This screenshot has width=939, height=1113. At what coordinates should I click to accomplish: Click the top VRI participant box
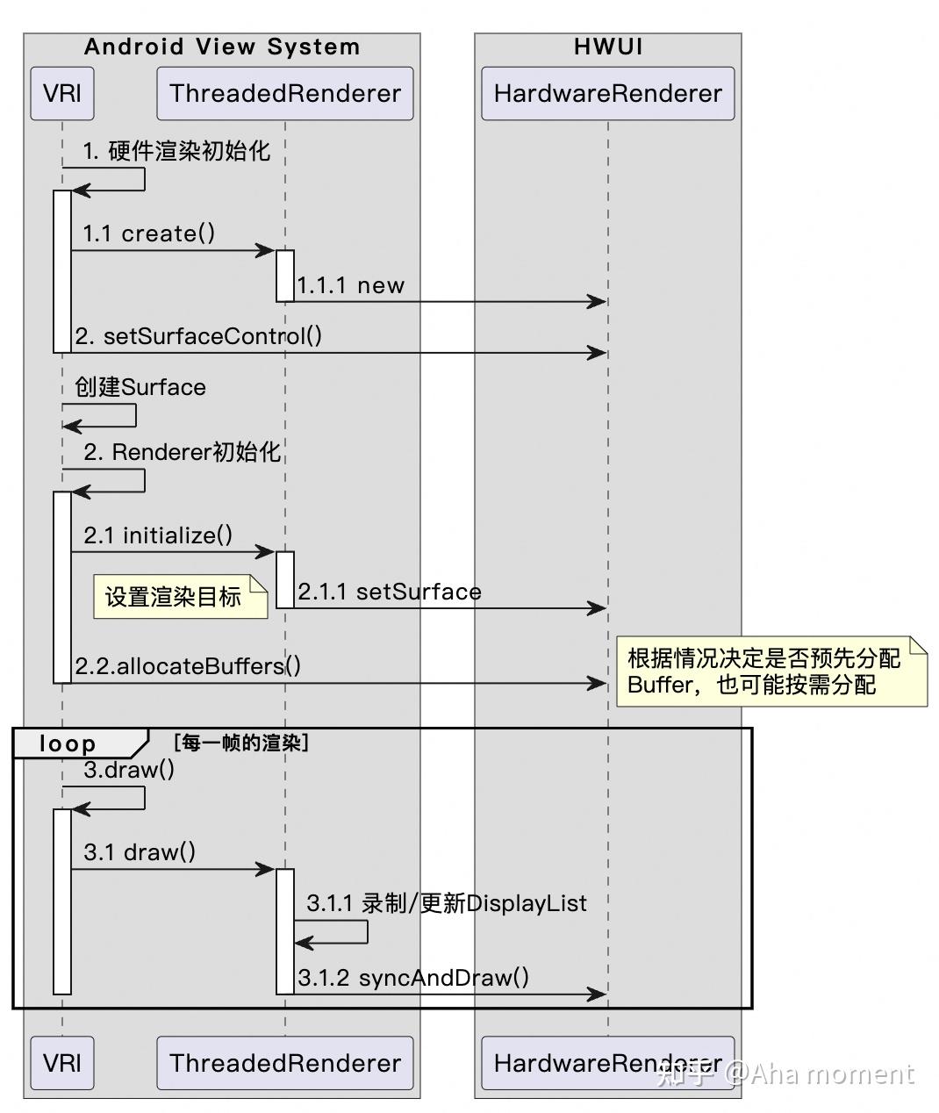[x=61, y=93]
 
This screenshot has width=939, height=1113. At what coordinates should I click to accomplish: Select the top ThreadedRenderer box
[x=284, y=93]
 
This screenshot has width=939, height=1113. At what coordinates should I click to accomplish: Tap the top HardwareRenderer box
[x=607, y=93]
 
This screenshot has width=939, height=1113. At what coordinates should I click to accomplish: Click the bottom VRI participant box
[x=61, y=1063]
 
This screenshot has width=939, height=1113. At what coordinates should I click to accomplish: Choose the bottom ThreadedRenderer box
[x=284, y=1063]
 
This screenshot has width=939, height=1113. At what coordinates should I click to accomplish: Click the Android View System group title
[x=222, y=47]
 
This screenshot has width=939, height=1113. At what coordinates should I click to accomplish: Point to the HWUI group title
[x=607, y=47]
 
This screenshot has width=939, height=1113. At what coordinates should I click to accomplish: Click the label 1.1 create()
[x=149, y=233]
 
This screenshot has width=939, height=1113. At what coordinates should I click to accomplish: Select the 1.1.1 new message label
[x=350, y=285]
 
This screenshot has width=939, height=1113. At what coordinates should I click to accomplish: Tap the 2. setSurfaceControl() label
[x=198, y=336]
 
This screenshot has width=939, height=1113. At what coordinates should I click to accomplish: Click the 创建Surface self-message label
[x=140, y=387]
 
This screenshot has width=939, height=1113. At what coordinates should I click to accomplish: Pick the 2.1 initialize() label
[x=158, y=535]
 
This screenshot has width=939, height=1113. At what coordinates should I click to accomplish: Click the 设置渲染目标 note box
[x=180, y=597]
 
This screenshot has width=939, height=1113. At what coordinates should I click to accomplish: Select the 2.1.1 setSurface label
[x=390, y=592]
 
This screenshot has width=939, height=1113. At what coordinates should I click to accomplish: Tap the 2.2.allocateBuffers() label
[x=188, y=666]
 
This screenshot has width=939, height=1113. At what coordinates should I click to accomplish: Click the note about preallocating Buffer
[x=771, y=671]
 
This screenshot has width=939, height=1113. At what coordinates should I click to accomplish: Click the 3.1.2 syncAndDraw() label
[x=413, y=978]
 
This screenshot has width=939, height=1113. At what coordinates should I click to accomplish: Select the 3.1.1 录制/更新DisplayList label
[x=447, y=903]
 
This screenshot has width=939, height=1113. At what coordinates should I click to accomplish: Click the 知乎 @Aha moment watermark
[x=785, y=1073]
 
